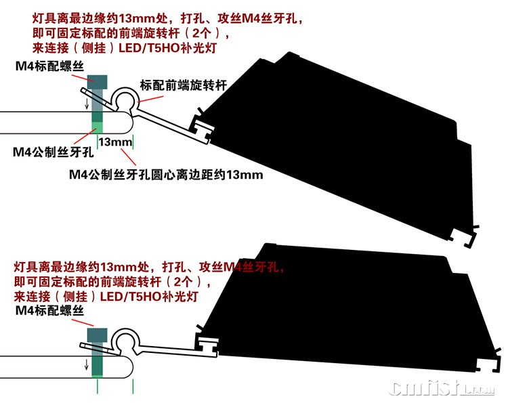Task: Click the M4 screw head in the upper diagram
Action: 98,83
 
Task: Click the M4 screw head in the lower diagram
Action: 99,335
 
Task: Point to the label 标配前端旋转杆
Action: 182,85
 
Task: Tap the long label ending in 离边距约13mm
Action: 166,175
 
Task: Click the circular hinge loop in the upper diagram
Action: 126,100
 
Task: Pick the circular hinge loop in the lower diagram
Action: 126,341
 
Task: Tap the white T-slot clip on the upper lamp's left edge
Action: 203,127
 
